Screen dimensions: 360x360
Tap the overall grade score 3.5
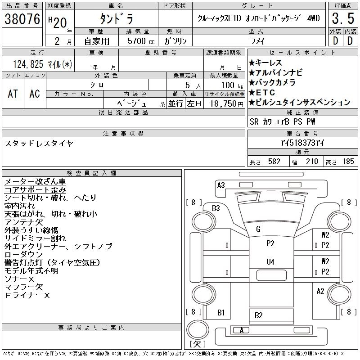coord(342,19)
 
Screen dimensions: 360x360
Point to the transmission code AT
coord(13,94)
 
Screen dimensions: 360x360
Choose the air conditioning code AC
coord(35,94)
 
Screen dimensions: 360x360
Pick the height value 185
coord(348,162)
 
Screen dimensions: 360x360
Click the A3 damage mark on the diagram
coord(221,185)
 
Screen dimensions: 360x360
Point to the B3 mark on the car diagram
coord(216,208)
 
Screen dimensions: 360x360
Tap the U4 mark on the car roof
coord(270,261)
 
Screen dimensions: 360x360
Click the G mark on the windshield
coord(258,229)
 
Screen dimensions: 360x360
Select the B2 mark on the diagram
coord(258,315)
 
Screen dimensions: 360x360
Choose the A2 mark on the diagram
coord(320,291)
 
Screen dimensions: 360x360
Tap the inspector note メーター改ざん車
coord(35,182)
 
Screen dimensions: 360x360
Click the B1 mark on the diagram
coord(221,312)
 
